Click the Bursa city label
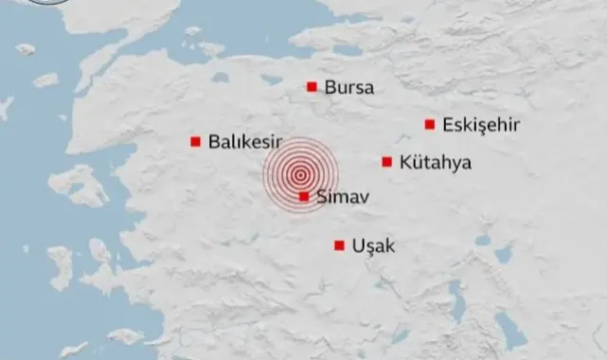[348, 88]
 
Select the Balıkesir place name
[246, 142]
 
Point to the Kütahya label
[436, 163]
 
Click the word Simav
[340, 197]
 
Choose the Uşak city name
[372, 246]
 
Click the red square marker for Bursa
[312, 87]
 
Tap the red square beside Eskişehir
[430, 124]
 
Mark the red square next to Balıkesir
[196, 142]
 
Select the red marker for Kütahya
[387, 162]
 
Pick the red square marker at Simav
[303, 197]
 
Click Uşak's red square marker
[339, 245]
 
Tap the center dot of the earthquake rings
[300, 174]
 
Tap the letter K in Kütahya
[405, 163]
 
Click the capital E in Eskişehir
[447, 125]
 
